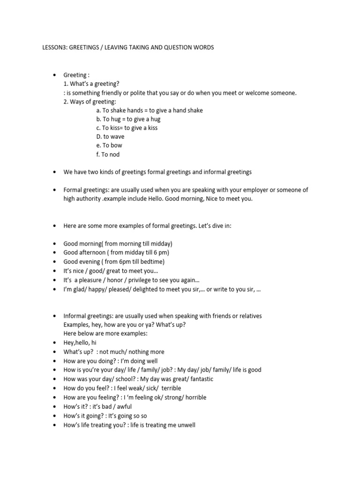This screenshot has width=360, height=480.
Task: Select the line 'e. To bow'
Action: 109,146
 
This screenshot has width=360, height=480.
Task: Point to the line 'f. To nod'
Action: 108,155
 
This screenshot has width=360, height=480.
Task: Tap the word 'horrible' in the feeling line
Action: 194,397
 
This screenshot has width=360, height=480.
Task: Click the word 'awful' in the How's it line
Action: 125,406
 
